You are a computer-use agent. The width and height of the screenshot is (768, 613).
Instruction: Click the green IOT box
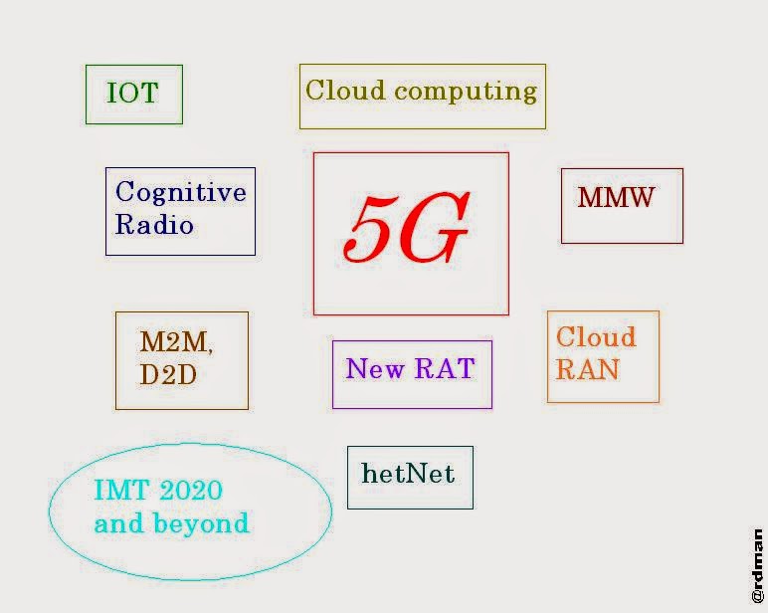(133, 95)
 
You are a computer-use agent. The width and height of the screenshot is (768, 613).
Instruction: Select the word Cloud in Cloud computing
(346, 91)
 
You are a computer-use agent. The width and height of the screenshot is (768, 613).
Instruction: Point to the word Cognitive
(180, 192)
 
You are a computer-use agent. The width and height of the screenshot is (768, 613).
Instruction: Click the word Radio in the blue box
(154, 225)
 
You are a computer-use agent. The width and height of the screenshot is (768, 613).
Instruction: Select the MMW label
(617, 197)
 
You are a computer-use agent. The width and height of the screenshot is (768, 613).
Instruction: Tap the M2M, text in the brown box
(176, 342)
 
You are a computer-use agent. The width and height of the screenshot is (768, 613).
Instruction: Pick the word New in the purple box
(375, 369)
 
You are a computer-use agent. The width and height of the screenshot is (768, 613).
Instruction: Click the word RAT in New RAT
(445, 369)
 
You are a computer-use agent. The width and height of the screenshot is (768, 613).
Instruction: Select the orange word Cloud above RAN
(595, 336)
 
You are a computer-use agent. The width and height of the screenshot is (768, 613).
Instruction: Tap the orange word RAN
(587, 370)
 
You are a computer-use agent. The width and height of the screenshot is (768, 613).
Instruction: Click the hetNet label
(408, 474)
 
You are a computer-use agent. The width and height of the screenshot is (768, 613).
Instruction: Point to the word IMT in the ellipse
(117, 491)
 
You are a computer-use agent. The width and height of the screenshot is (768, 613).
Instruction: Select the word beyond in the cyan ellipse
(201, 523)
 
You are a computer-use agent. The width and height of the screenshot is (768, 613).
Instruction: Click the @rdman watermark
(757, 564)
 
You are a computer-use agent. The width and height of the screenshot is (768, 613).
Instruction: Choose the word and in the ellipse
(119, 523)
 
